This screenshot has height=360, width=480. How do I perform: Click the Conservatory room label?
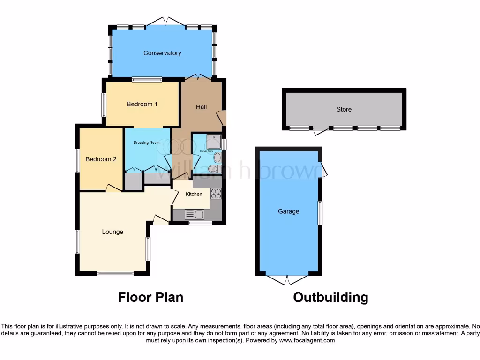pyautogui.click(x=162, y=53)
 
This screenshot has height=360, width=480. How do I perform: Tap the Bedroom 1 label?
pyautogui.click(x=142, y=104)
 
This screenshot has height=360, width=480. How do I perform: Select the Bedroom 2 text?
pyautogui.click(x=101, y=159)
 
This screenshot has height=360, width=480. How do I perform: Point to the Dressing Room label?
pyautogui.click(x=147, y=142)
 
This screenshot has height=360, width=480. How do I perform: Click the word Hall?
pyautogui.click(x=201, y=107)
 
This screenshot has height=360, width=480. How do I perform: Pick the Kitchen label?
pyautogui.click(x=194, y=194)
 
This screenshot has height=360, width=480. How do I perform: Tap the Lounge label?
pyautogui.click(x=112, y=232)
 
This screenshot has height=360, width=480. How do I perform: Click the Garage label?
pyautogui.click(x=288, y=211)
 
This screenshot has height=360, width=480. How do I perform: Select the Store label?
pyautogui.click(x=344, y=109)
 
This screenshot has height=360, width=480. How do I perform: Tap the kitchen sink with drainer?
pyautogui.click(x=194, y=215)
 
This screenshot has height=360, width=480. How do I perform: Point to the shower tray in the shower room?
pyautogui.click(x=214, y=141)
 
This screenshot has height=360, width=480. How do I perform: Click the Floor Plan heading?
pyautogui.click(x=150, y=297)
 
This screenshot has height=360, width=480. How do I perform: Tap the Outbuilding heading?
pyautogui.click(x=330, y=297)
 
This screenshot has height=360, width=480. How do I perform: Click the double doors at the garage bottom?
pyautogui.click(x=287, y=280)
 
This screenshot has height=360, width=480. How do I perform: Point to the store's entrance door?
pyautogui.click(x=320, y=132)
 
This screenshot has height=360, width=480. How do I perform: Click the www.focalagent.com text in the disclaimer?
pyautogui.click(x=307, y=341)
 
